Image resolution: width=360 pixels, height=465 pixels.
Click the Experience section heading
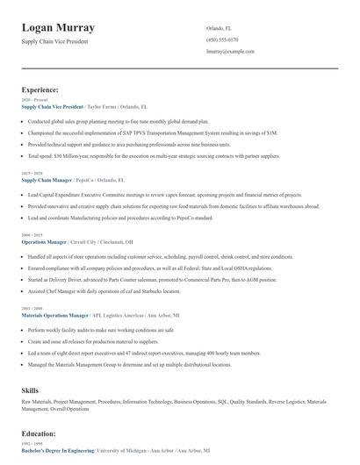coord(40,89)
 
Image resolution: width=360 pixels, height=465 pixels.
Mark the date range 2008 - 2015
coord(31,235)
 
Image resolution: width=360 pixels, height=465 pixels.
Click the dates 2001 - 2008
coord(31,308)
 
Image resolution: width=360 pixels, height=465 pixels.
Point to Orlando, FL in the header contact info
coord(218,28)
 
